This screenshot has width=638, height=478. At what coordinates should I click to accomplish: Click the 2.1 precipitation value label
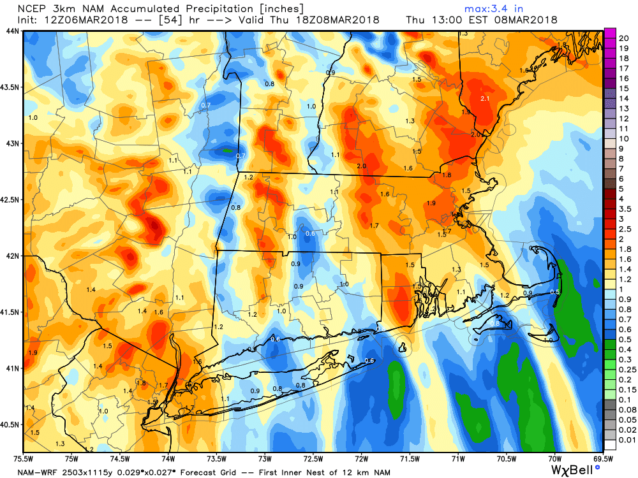484,99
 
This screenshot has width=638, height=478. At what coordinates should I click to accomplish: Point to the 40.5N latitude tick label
11,424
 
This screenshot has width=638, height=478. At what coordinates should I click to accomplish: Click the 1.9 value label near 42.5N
431,203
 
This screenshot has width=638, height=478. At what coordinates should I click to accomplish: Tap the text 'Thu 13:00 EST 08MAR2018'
481,20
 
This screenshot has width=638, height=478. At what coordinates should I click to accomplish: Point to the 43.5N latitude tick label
11,87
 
